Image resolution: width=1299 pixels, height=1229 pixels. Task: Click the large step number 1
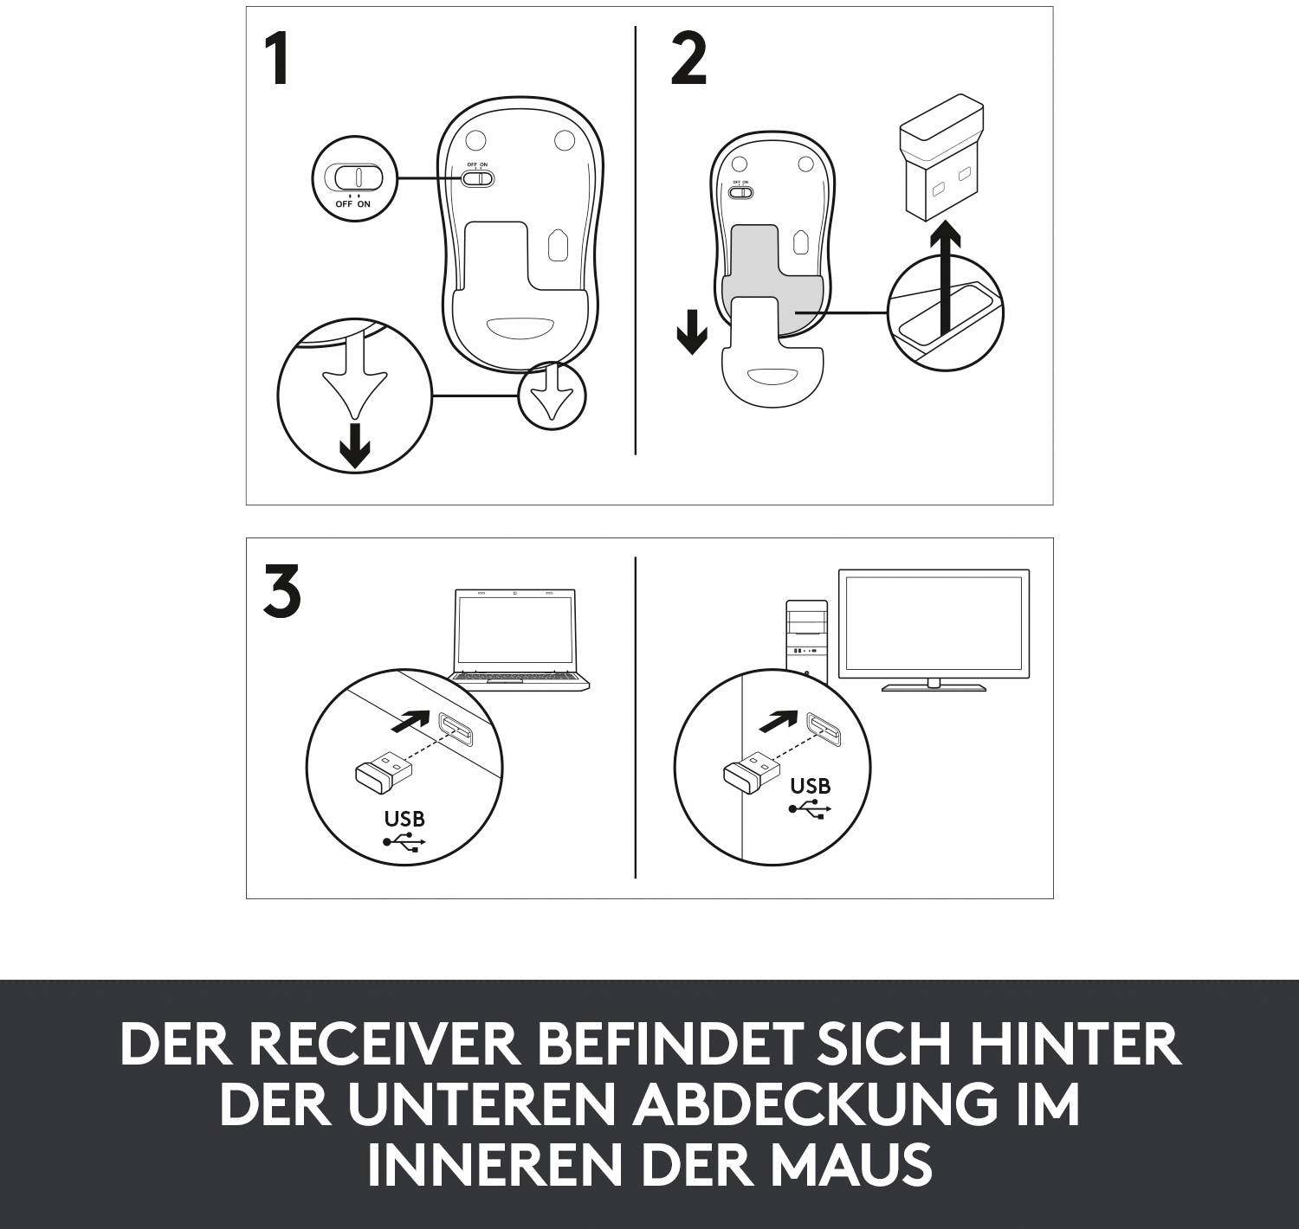[x=277, y=61]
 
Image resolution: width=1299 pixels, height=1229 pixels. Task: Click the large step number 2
[x=688, y=61]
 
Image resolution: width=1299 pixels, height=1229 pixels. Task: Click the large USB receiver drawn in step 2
[x=942, y=164]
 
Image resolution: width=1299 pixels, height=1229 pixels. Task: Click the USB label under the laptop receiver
[x=404, y=818]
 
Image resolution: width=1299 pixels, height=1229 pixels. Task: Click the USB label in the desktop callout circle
[x=810, y=786]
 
